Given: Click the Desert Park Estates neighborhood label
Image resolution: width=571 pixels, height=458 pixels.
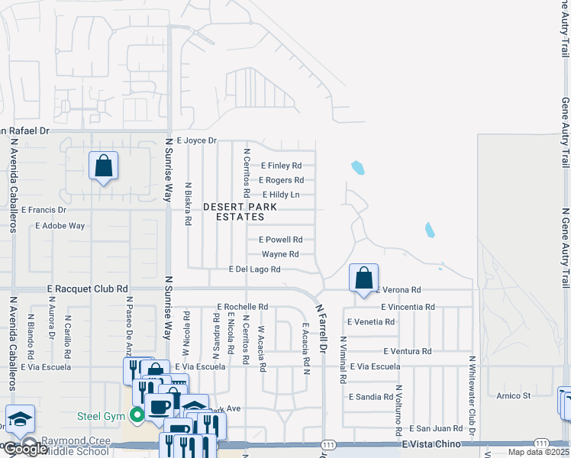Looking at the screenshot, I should coord(234,211).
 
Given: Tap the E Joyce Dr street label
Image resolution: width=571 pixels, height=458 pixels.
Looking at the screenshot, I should coord(197,141).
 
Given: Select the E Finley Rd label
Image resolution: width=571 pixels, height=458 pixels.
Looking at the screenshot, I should coord(281,166).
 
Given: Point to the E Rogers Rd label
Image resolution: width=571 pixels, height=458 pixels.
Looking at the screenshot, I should coord(281,180).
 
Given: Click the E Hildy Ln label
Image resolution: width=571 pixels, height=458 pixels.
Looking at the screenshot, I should coord(280,195).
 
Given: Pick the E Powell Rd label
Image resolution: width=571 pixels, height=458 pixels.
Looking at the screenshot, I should coord(280,240).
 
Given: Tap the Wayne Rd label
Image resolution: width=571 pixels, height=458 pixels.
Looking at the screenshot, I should coord(280,254).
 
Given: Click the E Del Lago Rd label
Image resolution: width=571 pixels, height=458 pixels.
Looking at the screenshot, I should coord(254,269).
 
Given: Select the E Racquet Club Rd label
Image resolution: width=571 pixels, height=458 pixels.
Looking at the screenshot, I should coord(87,289).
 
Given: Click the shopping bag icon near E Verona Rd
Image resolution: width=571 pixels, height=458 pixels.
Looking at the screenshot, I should coord(364,278).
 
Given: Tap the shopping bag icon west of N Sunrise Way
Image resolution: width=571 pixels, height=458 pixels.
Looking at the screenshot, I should coord(103,166).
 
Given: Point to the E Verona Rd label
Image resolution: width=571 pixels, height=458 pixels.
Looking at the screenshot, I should coord(397,290).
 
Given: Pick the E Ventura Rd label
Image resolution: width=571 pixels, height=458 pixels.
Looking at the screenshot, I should coord(407,352).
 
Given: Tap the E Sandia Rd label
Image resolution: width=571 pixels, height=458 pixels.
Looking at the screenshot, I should coord(370,397).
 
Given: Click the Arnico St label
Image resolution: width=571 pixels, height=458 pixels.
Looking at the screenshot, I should coord(513,396).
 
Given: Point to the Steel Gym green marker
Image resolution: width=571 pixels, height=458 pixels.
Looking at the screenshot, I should coord(137,415).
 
